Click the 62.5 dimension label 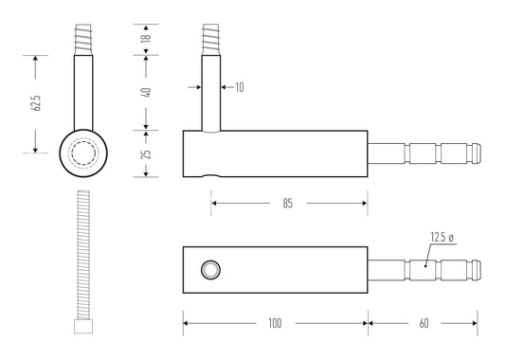click(36, 103)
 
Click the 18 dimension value click(145, 39)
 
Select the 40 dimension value click(145, 92)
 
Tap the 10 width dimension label click(239, 87)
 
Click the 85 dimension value click(287, 204)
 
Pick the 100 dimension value click(275, 324)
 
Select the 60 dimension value click(424, 324)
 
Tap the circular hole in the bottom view click(209, 272)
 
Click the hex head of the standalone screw click(82, 327)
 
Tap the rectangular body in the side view click(275, 153)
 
